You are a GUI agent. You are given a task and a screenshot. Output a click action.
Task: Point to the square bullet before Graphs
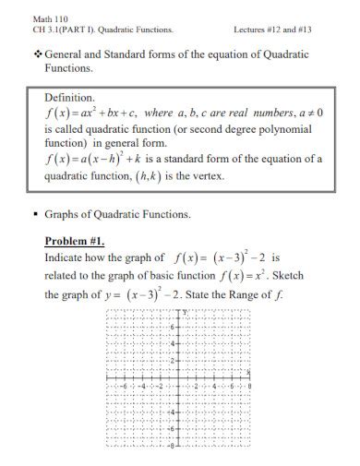(34, 215)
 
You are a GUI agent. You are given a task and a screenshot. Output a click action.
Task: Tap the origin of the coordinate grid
(179, 377)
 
